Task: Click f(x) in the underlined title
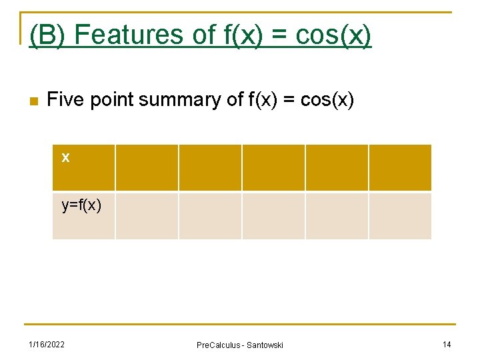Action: (x=249, y=35)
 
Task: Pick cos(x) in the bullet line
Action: (x=327, y=100)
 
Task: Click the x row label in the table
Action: (x=65, y=158)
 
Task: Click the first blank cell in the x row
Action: (x=147, y=167)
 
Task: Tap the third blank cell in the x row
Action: (x=273, y=167)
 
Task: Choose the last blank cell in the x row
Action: (x=400, y=167)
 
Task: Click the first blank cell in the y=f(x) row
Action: (x=147, y=215)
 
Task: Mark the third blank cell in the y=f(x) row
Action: (x=273, y=215)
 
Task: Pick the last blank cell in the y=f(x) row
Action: (x=400, y=215)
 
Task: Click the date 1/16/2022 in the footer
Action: (x=47, y=344)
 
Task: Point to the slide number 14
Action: (x=447, y=344)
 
